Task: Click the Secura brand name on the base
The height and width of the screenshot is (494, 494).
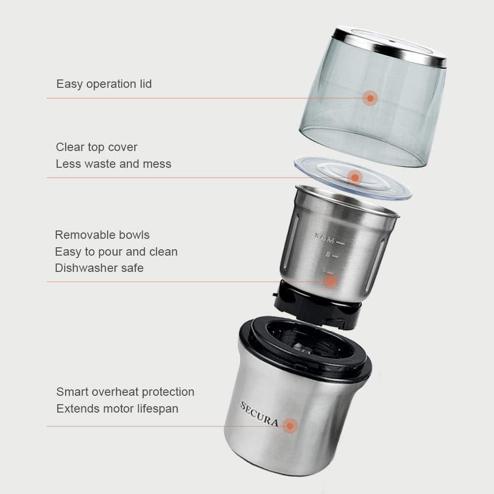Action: (x=259, y=415)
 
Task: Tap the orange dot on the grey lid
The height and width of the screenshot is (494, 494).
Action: (x=370, y=98)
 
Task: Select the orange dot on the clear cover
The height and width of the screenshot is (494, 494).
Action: (x=354, y=177)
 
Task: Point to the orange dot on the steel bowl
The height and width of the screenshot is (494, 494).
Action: (x=331, y=281)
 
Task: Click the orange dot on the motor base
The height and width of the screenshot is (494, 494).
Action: (x=291, y=425)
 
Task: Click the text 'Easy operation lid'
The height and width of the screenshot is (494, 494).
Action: (x=104, y=84)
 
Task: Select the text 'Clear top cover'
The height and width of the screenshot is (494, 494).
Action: (x=97, y=147)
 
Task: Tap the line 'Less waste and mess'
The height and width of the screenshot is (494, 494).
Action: (x=114, y=164)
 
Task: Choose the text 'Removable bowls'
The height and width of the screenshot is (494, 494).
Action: (x=102, y=235)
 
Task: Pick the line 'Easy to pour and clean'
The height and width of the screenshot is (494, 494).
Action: (x=116, y=252)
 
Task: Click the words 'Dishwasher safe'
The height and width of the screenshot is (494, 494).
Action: (x=99, y=268)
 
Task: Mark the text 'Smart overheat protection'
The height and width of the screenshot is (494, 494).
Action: (x=125, y=392)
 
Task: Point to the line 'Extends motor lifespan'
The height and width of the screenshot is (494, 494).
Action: (x=117, y=409)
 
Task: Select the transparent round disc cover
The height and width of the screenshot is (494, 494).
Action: (x=385, y=185)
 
